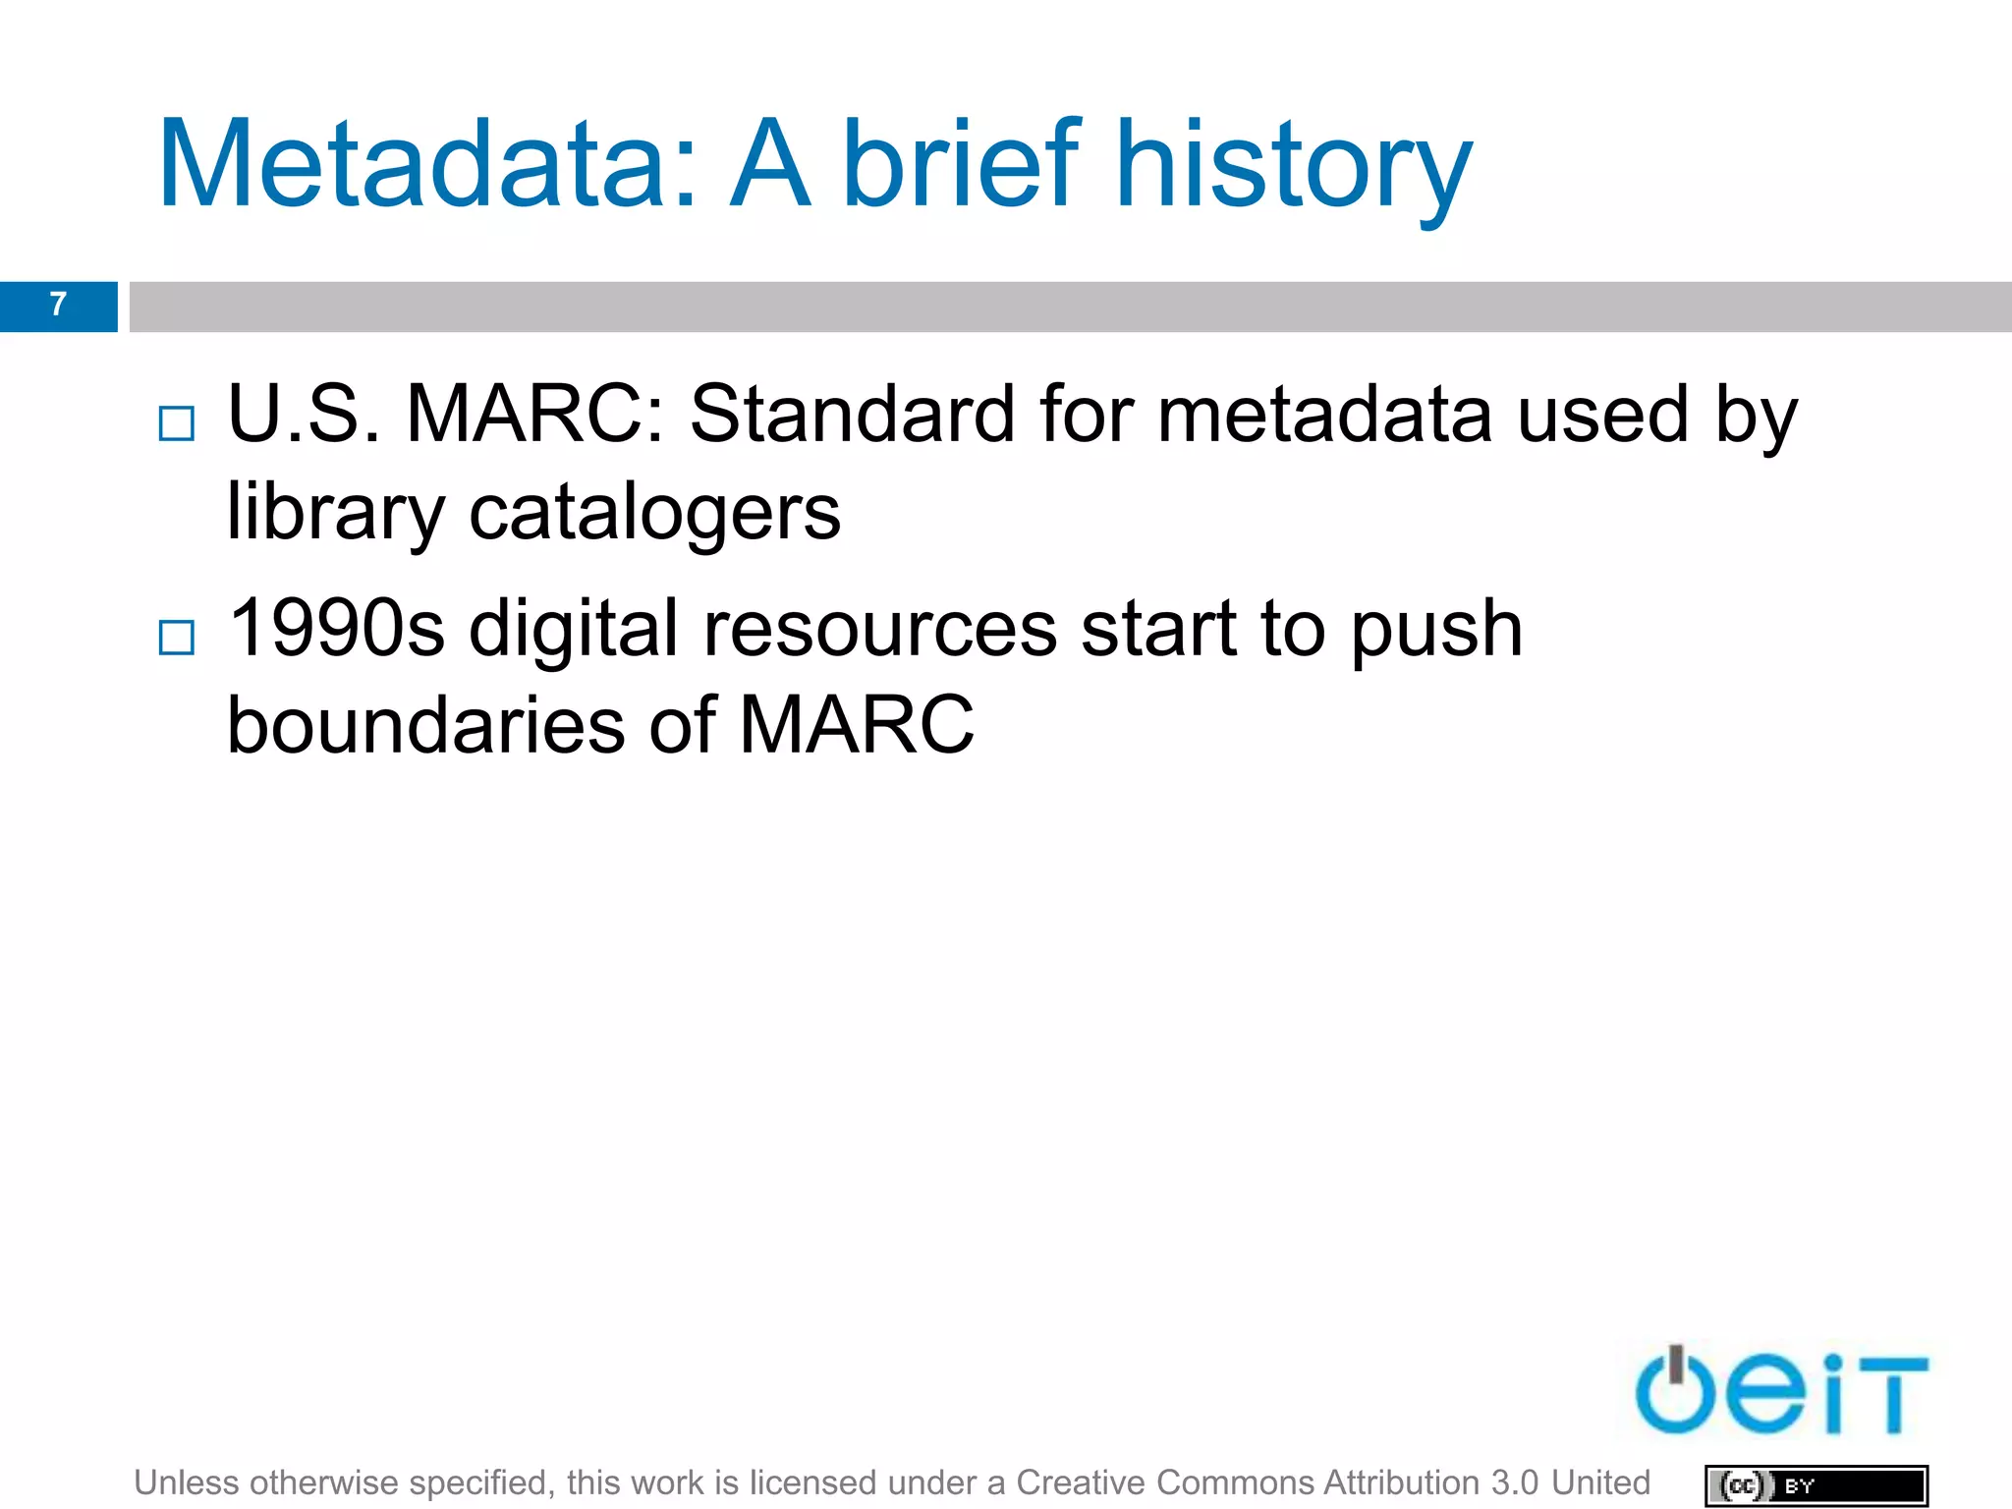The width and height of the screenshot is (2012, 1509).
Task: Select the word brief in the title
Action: pos(961,165)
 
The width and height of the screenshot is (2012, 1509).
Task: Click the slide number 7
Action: pos(58,306)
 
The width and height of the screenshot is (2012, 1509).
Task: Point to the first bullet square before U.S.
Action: pos(177,424)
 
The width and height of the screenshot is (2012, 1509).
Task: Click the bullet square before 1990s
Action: pos(177,638)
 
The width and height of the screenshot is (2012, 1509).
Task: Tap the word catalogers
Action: pos(654,513)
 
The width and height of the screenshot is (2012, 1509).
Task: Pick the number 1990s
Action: pos(336,628)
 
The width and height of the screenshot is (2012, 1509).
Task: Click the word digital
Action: pos(574,628)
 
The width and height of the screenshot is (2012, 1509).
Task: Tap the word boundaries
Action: pos(425,725)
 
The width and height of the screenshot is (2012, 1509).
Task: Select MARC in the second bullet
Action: pos(856,725)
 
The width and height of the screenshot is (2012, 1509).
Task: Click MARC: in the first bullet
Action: pos(535,415)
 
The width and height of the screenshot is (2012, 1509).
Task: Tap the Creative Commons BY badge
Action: pos(1816,1485)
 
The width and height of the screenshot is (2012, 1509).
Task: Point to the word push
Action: pos(1436,628)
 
